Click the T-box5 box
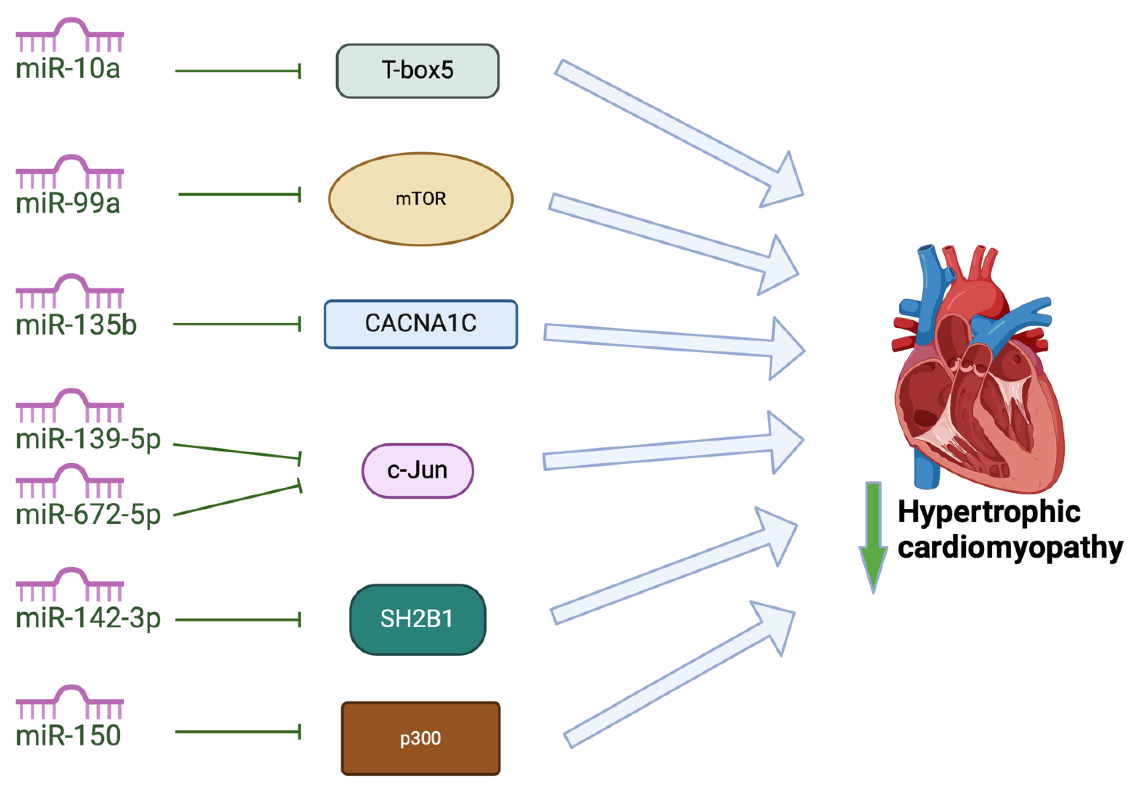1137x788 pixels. pyautogui.click(x=417, y=71)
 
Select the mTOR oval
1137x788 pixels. pyautogui.click(x=420, y=199)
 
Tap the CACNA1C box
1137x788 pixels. pyautogui.click(x=420, y=324)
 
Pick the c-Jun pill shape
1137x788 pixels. pyautogui.click(x=417, y=470)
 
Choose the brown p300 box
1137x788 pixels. pyautogui.click(x=420, y=738)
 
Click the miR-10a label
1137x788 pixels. pyautogui.click(x=68, y=68)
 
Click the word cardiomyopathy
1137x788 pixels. pyautogui.click(x=1010, y=548)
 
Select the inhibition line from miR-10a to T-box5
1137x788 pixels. pyautogui.click(x=237, y=71)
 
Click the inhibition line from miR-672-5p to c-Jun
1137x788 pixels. pyautogui.click(x=237, y=500)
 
